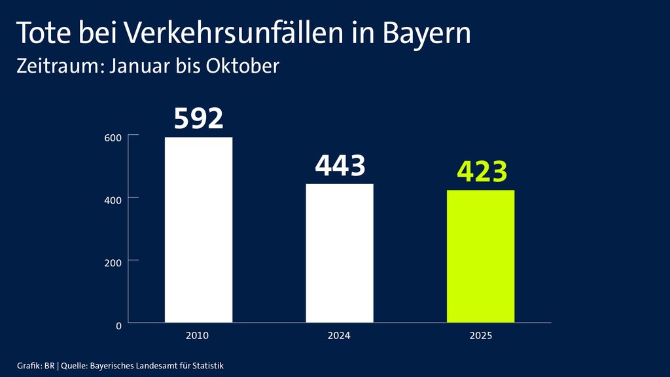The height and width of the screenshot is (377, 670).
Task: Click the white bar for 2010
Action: point(198,230)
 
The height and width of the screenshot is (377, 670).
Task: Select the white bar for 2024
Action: point(340,253)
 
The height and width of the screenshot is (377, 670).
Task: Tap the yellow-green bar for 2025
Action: point(481,257)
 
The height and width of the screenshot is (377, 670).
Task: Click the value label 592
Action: point(199,118)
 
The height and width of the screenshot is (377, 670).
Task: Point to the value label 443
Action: point(340,166)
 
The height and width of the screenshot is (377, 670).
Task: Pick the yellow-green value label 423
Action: point(482,172)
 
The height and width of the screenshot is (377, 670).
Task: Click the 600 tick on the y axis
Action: point(113,137)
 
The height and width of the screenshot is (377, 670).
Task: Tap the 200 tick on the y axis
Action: point(113,262)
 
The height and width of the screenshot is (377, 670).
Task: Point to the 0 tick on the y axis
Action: point(118,325)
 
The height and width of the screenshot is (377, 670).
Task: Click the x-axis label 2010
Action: point(197,336)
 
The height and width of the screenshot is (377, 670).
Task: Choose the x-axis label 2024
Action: point(339,336)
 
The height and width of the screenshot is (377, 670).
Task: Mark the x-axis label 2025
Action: point(481,336)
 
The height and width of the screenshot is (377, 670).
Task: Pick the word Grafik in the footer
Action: point(28,365)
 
